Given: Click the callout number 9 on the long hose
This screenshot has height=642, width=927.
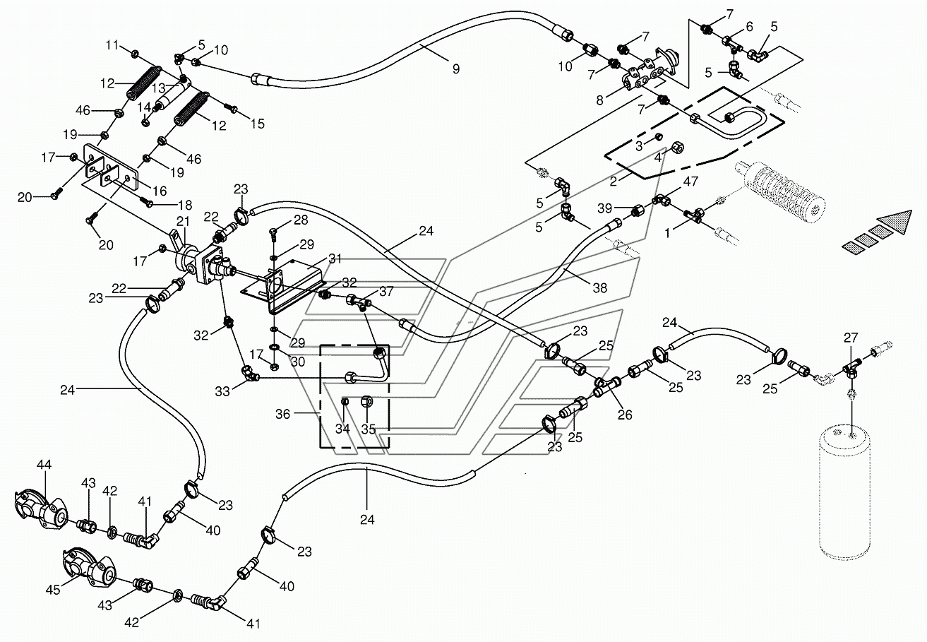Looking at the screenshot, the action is [455, 69].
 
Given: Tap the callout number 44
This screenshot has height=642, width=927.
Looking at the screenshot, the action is [44, 465].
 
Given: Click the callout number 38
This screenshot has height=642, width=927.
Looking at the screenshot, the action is [600, 287].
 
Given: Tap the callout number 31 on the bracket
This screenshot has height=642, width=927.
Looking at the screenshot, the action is [335, 259].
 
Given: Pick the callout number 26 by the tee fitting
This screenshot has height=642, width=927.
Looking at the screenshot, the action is [625, 415].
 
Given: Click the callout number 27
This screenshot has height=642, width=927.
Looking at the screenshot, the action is [851, 338].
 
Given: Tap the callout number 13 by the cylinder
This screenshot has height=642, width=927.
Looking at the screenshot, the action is [158, 88].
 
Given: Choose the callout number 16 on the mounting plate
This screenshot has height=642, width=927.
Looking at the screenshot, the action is [160, 191].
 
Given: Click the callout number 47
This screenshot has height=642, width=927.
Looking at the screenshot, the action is [690, 182].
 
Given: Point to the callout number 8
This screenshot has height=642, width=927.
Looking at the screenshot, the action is [600, 100].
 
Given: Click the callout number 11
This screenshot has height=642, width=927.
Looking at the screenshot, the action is [112, 44].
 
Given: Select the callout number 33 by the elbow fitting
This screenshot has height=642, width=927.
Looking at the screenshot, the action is [222, 391].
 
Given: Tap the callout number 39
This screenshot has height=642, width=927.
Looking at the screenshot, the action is [604, 208].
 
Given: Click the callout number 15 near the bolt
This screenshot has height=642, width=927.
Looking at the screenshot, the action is [258, 124].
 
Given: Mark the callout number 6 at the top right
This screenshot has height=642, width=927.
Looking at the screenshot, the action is [749, 27].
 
